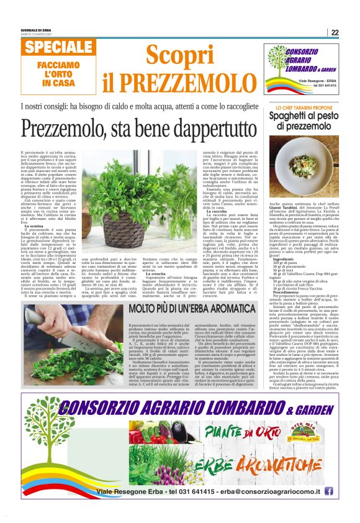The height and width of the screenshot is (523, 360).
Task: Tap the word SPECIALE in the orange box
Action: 60,48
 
